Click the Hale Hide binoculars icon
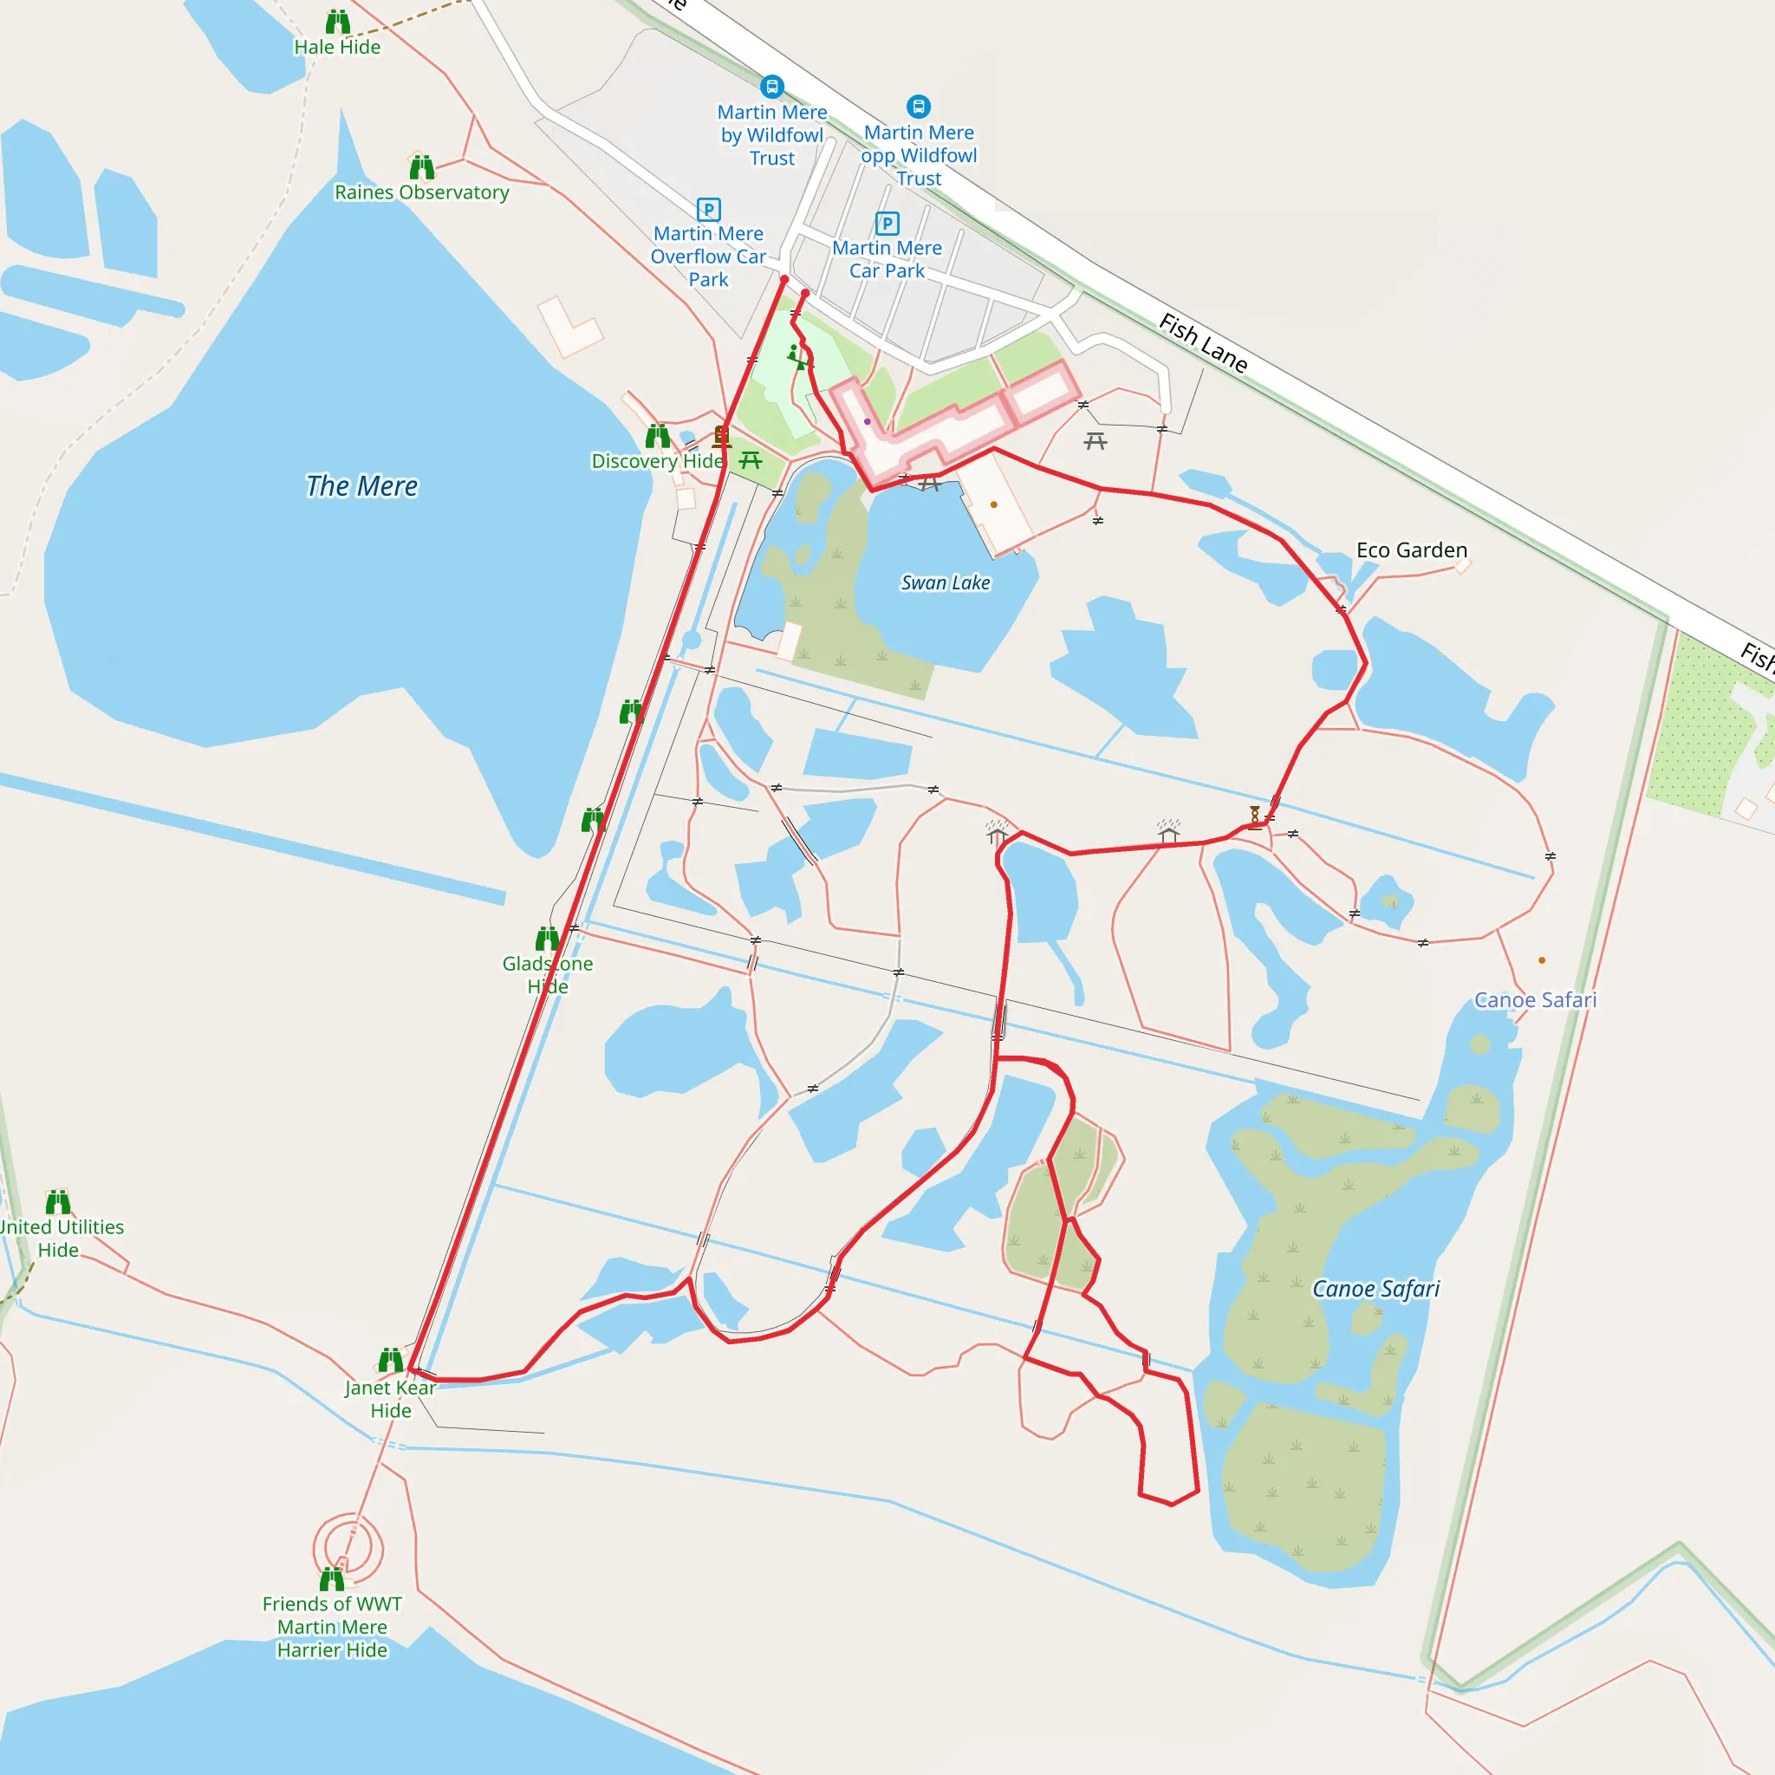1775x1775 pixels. tap(338, 22)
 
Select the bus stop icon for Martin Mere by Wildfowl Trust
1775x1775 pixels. tap(771, 87)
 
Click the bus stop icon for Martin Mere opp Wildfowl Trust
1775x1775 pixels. tap(918, 107)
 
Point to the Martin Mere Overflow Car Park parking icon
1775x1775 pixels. tap(708, 210)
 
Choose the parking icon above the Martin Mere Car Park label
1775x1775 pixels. tap(887, 224)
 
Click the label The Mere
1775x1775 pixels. tap(361, 486)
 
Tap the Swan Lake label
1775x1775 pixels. tap(946, 582)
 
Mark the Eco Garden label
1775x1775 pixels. tap(1411, 550)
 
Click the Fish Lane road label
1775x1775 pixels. tap(1203, 342)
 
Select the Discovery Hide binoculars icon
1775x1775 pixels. tap(658, 435)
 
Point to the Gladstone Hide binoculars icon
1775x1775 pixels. tap(548, 938)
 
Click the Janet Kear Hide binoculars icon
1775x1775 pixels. tap(391, 1360)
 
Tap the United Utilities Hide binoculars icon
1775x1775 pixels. tap(58, 1202)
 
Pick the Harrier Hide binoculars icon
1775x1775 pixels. tap(332, 1579)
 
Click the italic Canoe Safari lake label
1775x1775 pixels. tap(1375, 1289)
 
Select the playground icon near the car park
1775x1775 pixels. tap(796, 356)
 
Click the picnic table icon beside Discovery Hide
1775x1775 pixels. tap(751, 460)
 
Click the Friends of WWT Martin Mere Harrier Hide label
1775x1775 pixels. tap(332, 1626)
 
